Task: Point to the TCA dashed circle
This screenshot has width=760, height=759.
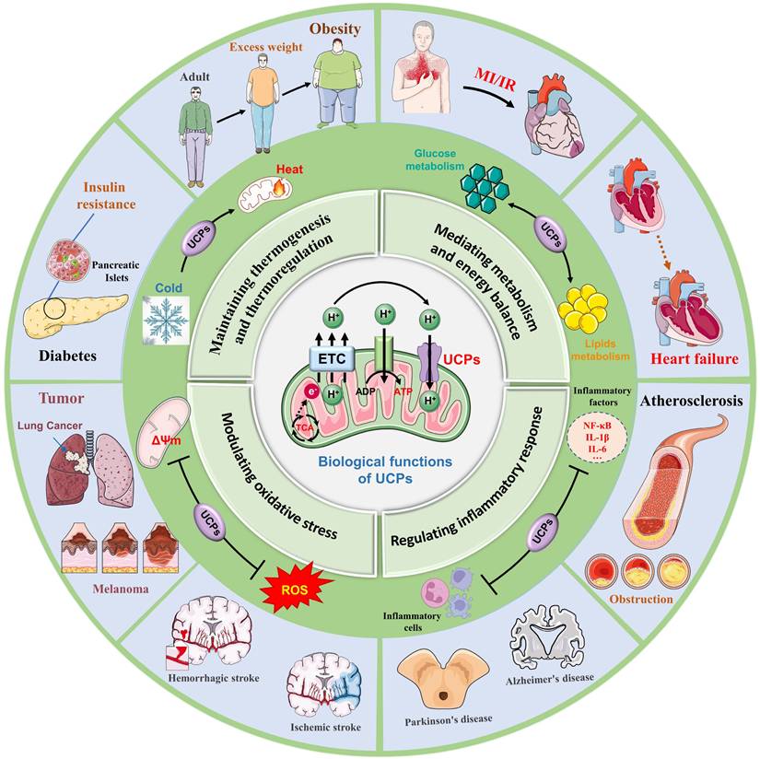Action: (302, 425)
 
